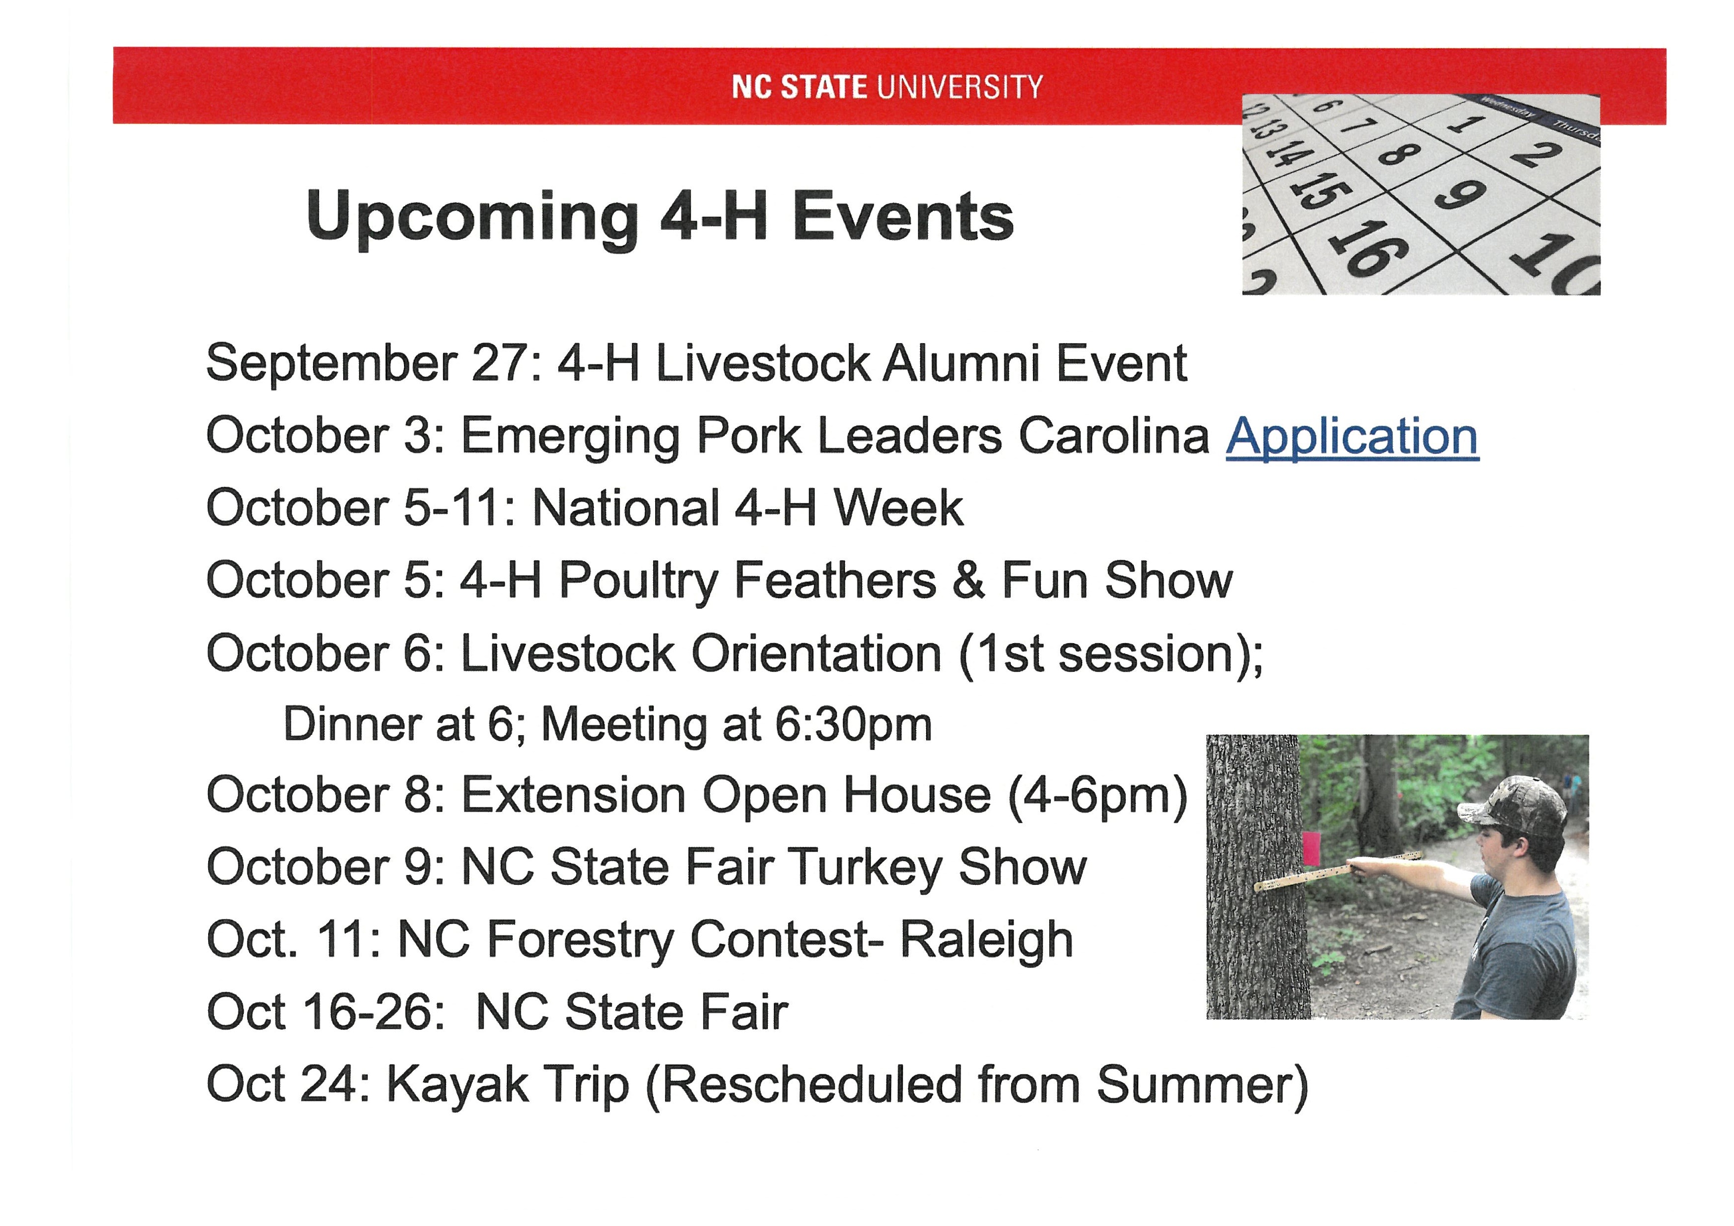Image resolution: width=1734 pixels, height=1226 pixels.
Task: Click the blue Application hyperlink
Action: tap(1352, 438)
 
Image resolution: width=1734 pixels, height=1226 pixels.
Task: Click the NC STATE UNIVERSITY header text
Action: tap(888, 87)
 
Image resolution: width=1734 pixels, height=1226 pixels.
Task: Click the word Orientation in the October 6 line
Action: tap(816, 653)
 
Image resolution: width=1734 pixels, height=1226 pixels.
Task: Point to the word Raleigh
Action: tap(986, 941)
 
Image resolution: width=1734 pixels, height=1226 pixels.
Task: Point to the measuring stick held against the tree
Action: tap(1337, 873)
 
